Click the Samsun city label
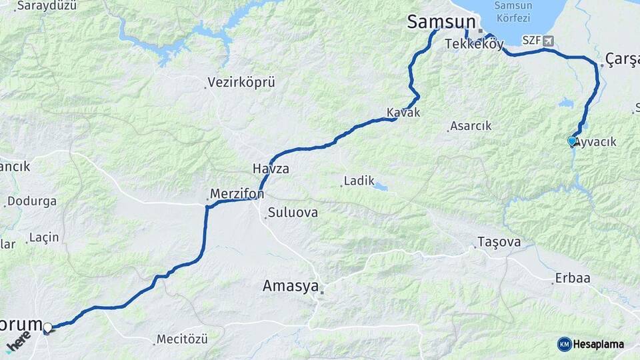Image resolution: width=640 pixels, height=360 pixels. point(441,22)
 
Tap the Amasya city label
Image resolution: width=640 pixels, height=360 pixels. point(291,286)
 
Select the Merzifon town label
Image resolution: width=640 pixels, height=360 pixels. point(237,194)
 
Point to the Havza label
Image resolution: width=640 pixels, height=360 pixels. point(271,169)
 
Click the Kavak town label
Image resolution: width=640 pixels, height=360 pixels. point(403,113)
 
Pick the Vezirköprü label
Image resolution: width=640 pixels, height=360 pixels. point(241,83)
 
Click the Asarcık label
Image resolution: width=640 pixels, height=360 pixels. point(471,125)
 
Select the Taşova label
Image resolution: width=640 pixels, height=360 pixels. point(499,242)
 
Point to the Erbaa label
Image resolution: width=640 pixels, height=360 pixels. point(573,278)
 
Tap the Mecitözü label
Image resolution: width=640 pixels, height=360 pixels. point(183,339)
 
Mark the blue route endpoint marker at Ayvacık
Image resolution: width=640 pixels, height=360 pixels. point(571,141)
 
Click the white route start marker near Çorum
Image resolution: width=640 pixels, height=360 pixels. point(47,327)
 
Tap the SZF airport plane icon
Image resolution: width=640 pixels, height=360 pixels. point(548,40)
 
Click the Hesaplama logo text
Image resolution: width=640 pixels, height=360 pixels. point(598,344)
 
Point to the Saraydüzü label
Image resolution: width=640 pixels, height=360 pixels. point(47,6)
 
